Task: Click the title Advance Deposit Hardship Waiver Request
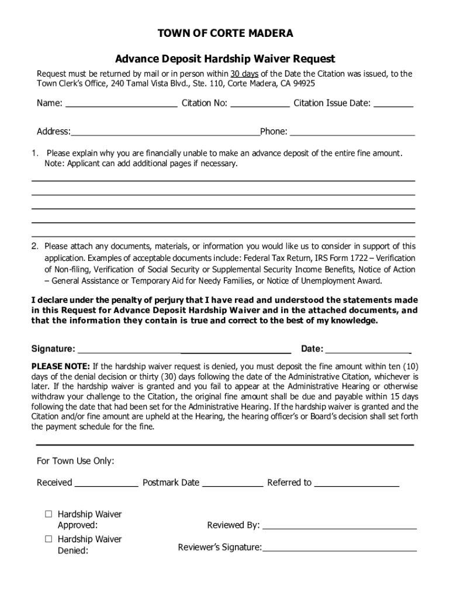pyautogui.click(x=225, y=59)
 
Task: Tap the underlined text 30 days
pyautogui.click(x=244, y=74)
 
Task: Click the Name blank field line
pyautogui.click(x=122, y=105)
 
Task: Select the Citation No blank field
pyautogui.click(x=260, y=105)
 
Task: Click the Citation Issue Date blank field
pyautogui.click(x=393, y=105)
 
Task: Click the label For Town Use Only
pyautogui.click(x=75, y=461)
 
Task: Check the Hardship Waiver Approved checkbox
pyautogui.click(x=49, y=514)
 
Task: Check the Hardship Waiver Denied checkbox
pyautogui.click(x=49, y=539)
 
